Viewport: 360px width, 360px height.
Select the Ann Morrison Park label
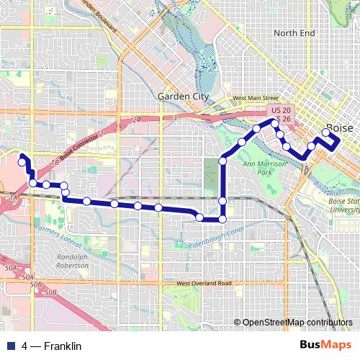click(260, 168)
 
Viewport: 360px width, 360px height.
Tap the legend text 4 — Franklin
click(52, 346)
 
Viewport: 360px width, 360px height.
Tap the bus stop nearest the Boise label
click(326, 132)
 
